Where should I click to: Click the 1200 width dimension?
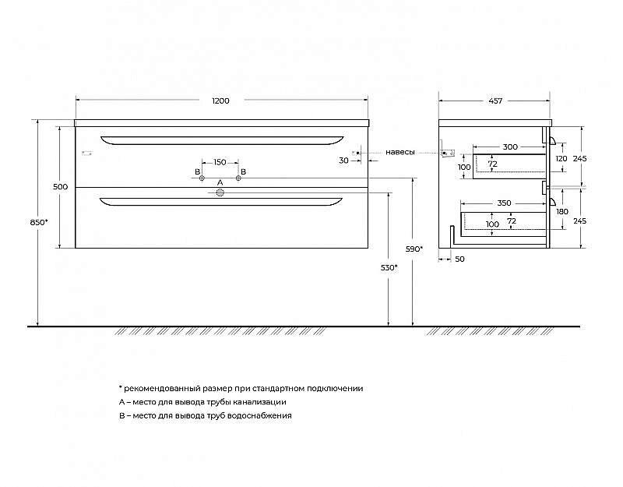pyautogui.click(x=220, y=101)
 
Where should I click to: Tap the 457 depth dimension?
pyautogui.click(x=495, y=101)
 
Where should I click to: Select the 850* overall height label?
pyautogui.click(x=39, y=223)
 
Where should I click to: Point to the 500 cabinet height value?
pyautogui.click(x=61, y=187)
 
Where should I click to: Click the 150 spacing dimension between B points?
pyautogui.click(x=220, y=162)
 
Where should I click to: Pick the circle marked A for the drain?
pyautogui.click(x=220, y=193)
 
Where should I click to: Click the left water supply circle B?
pyautogui.click(x=202, y=178)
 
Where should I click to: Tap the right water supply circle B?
pyautogui.click(x=238, y=178)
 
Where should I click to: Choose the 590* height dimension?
pyautogui.click(x=414, y=249)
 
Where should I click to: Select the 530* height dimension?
pyautogui.click(x=389, y=268)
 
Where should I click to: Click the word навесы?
pyautogui.click(x=400, y=152)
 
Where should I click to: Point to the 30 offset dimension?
pyautogui.click(x=344, y=161)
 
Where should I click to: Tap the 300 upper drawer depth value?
pyautogui.click(x=510, y=147)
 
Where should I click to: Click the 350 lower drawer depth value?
pyautogui.click(x=504, y=203)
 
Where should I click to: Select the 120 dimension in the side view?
pyautogui.click(x=561, y=159)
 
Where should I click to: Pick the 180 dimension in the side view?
pyautogui.click(x=562, y=211)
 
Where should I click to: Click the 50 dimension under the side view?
pyautogui.click(x=459, y=259)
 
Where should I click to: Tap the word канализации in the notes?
pyautogui.click(x=260, y=402)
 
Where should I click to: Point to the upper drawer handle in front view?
pyautogui.click(x=222, y=140)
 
